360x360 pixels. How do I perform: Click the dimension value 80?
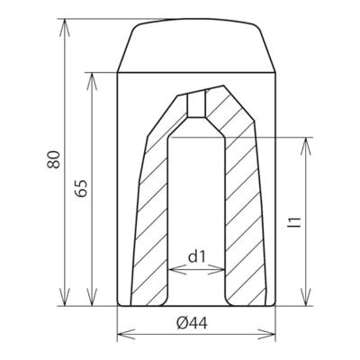55,161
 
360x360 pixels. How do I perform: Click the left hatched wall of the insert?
153,216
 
